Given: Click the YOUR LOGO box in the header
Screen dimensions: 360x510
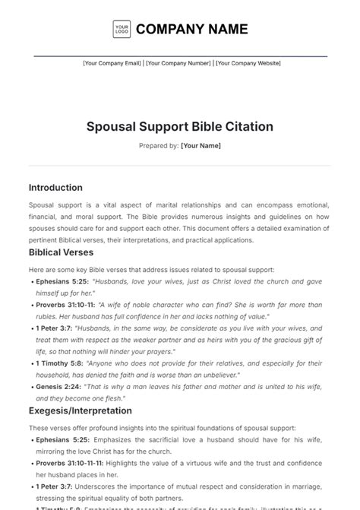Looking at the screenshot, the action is (x=122, y=29).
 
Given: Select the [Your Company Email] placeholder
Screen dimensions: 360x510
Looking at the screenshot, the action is (x=112, y=64).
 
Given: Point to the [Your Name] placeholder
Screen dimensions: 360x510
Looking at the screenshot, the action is (x=201, y=144).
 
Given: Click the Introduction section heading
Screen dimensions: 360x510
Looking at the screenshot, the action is (x=55, y=188).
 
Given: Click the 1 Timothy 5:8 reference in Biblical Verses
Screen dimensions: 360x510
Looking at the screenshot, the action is (x=61, y=364).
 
